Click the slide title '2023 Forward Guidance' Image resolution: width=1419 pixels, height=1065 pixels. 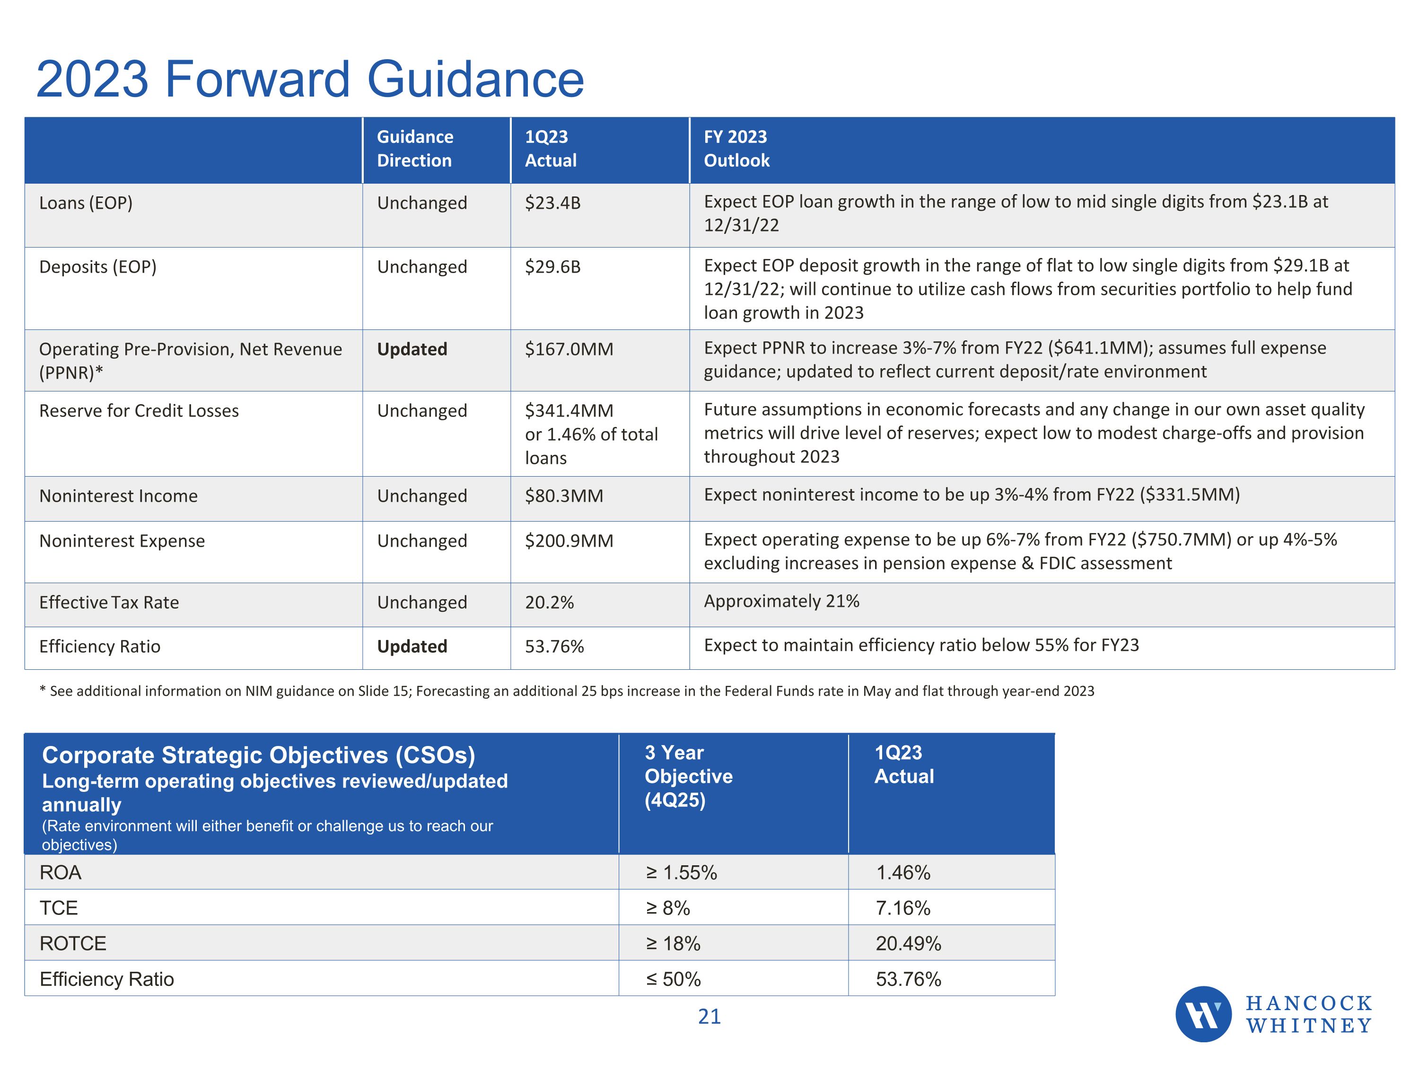click(310, 79)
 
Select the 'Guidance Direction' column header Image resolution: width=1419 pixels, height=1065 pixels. click(415, 149)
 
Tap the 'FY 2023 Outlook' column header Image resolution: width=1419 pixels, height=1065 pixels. click(736, 149)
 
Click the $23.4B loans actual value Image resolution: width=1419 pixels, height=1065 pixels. click(552, 203)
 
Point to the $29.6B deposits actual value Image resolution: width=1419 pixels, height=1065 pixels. click(552, 267)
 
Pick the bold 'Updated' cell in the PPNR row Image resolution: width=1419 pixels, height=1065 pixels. click(412, 349)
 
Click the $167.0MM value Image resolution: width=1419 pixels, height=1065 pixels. click(569, 349)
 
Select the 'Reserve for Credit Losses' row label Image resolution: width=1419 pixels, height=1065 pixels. click(139, 411)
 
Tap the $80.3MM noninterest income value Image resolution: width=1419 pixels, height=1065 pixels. click(564, 496)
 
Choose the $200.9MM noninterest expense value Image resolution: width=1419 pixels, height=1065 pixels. click(569, 541)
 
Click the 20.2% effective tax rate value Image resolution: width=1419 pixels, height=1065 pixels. click(549, 602)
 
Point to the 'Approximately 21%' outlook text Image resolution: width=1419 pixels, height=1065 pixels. click(781, 601)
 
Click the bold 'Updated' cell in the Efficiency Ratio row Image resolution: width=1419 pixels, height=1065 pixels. click(412, 647)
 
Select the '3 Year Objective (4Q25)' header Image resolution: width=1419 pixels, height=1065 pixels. click(688, 776)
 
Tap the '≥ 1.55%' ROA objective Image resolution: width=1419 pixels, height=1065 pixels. click(681, 872)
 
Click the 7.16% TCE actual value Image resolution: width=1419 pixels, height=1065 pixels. click(902, 908)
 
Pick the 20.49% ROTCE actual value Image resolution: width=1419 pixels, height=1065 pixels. click(908, 943)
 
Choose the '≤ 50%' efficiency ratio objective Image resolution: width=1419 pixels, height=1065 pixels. click(673, 979)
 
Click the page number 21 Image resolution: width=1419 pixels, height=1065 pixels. click(709, 1016)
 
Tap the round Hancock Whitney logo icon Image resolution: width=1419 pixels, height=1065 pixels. click(1203, 1014)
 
